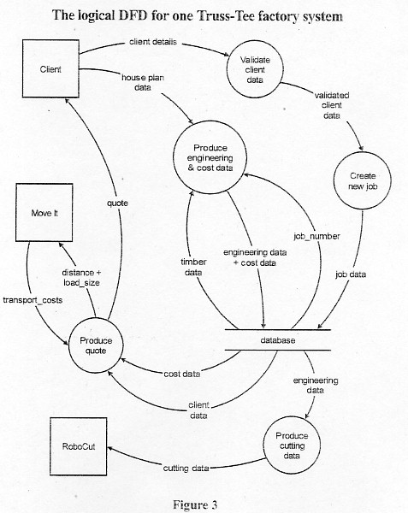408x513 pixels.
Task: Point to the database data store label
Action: click(x=278, y=340)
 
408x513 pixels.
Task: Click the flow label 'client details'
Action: click(x=153, y=42)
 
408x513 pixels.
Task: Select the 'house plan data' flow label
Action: click(x=143, y=82)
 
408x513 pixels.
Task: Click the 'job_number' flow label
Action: click(x=316, y=236)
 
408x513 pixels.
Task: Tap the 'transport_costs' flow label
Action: click(x=33, y=300)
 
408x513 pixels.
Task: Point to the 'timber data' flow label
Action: click(x=193, y=267)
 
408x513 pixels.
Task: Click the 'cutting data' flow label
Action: click(x=186, y=469)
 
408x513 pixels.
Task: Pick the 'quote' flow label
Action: click(x=117, y=203)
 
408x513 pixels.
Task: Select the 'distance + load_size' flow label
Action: click(x=81, y=277)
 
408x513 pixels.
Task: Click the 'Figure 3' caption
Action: click(x=195, y=504)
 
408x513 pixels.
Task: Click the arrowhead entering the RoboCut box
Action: click(x=110, y=449)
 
